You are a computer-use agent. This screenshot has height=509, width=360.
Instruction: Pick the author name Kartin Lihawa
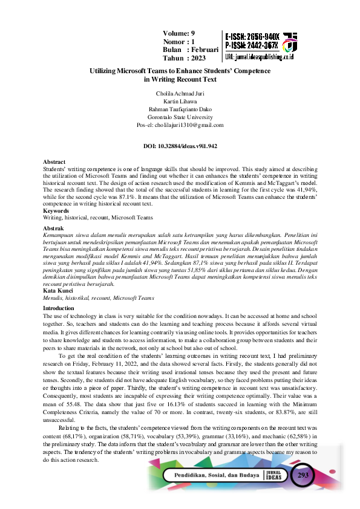click(x=180, y=102)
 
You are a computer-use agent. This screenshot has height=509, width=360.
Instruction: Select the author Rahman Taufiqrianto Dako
click(x=180, y=109)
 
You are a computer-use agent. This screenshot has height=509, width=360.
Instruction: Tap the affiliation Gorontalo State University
click(x=180, y=117)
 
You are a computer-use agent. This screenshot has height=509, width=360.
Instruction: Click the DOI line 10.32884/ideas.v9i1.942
click(x=180, y=146)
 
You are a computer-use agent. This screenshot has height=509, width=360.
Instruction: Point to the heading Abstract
click(x=54, y=162)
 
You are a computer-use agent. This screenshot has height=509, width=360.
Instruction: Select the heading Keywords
click(x=56, y=210)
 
